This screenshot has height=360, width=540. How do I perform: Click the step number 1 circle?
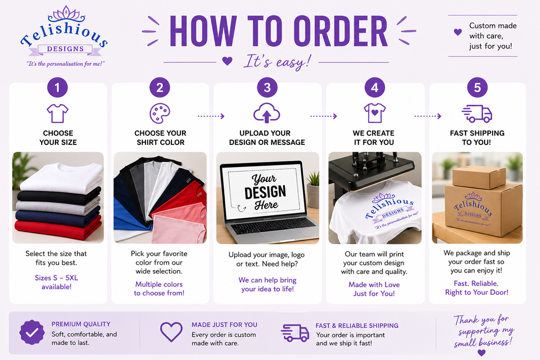[57, 87]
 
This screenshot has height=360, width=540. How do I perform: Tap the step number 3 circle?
[267, 87]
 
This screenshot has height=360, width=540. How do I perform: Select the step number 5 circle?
[477, 87]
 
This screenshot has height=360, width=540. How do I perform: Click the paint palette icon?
[160, 113]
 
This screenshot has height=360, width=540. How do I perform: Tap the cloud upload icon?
[266, 113]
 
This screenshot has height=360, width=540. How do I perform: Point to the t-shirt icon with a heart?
[375, 113]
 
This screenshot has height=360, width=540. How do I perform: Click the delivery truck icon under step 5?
[477, 113]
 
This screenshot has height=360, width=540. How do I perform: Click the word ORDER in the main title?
[341, 31]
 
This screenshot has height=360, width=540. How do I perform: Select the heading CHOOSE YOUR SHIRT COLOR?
[160, 138]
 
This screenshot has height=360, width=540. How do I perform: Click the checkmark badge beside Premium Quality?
[32, 333]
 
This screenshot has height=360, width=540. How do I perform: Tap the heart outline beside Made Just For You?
[171, 332]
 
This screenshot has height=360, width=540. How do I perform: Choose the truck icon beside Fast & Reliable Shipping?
[295, 333]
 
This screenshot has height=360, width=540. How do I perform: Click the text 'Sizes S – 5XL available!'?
[56, 282]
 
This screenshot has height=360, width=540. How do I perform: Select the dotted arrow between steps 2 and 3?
[211, 116]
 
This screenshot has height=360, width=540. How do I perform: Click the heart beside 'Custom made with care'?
[458, 32]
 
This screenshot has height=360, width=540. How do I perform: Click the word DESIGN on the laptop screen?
[265, 192]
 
